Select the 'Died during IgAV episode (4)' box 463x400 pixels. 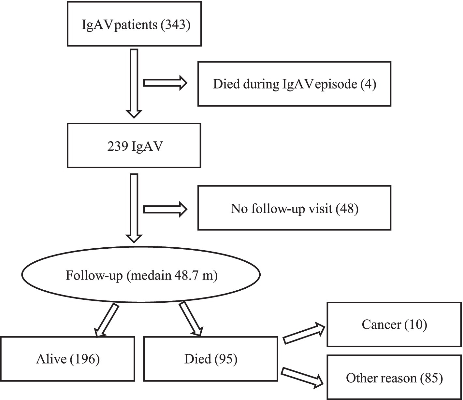pos(294,84)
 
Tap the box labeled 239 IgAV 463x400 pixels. pos(134,145)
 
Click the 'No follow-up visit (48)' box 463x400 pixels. pos(294,208)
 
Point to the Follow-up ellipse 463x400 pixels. pos(141,275)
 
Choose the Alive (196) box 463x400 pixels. pos(67,359)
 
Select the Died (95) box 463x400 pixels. pos(210,359)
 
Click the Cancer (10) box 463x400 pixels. pos(394,324)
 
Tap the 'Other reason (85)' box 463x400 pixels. pos(394,378)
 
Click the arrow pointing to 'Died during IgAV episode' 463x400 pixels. pos(165,83)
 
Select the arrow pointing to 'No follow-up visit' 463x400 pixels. pos(165,209)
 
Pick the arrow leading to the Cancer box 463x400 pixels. pos(304,334)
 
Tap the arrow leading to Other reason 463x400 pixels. pos(302,377)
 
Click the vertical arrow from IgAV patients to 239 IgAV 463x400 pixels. pos(134,83)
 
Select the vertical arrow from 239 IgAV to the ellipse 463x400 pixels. pos(134,208)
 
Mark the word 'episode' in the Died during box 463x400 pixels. pos(337,84)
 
